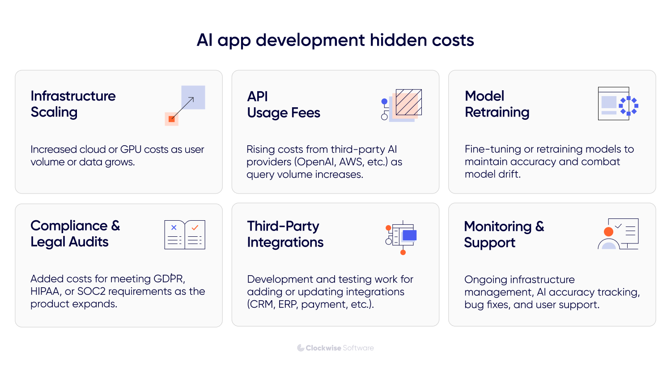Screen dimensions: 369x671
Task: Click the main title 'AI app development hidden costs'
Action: [x=335, y=40]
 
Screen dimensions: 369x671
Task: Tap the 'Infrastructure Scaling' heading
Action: [x=73, y=104]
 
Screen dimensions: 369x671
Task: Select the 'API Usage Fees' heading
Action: [x=284, y=105]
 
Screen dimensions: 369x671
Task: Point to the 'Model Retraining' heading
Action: [x=497, y=104]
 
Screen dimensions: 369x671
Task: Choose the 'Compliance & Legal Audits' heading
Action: [x=75, y=233]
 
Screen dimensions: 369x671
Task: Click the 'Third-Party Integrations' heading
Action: [x=285, y=234]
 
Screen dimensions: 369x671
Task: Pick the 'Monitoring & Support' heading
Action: [x=504, y=234]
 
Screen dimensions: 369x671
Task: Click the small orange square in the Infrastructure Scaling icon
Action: [x=171, y=119]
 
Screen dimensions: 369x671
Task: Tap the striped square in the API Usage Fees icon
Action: [x=409, y=102]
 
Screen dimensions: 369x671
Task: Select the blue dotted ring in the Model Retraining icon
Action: [x=629, y=106]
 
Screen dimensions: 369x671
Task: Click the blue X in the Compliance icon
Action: [x=174, y=228]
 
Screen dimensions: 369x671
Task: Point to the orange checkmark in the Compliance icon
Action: [x=195, y=228]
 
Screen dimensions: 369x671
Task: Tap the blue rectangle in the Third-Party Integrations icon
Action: [x=409, y=235]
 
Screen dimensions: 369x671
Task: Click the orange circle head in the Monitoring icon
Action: [x=608, y=231]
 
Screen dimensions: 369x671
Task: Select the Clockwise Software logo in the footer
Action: [x=335, y=348]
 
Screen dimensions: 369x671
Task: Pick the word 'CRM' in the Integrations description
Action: [x=262, y=304]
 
